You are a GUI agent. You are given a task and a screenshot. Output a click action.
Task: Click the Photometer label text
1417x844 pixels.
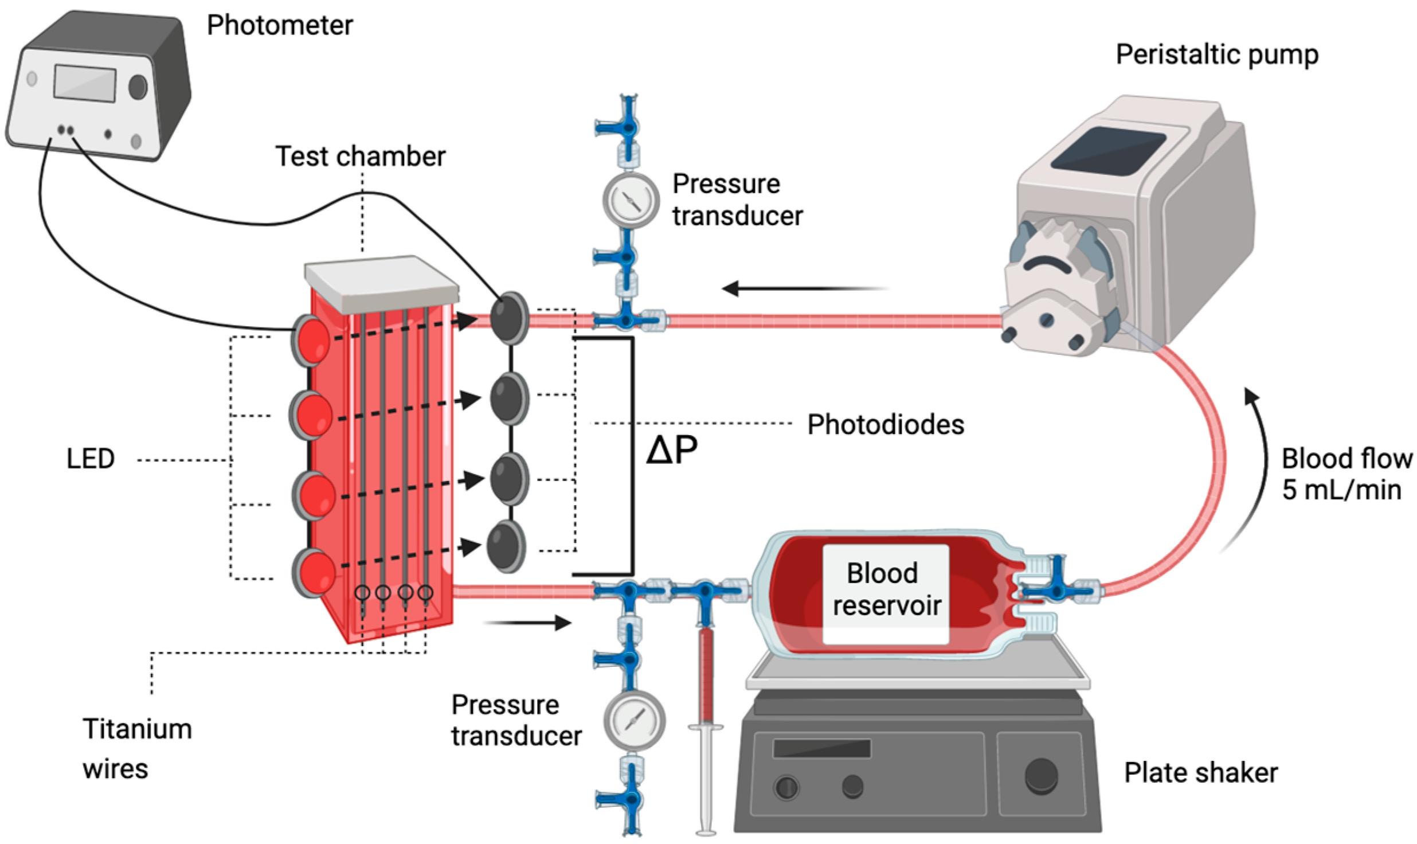(279, 25)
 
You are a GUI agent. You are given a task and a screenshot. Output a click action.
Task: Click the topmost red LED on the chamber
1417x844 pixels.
(311, 341)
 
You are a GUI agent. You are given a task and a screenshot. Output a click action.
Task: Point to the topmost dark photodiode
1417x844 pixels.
(509, 318)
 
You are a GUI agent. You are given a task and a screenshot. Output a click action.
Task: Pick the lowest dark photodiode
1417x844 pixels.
(506, 546)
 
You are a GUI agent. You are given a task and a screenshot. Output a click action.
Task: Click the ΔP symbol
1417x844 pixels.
(671, 450)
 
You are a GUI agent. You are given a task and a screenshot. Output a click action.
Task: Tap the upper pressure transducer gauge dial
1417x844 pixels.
(631, 201)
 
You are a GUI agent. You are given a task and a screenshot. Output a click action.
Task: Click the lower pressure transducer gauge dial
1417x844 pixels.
(634, 720)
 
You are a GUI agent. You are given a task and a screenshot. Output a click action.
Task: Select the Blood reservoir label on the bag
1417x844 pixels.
(886, 589)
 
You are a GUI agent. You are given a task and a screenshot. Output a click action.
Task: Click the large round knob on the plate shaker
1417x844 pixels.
(1041, 775)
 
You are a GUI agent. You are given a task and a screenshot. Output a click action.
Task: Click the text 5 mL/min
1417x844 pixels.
(1341, 490)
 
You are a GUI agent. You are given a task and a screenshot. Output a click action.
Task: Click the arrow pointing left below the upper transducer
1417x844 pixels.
(803, 288)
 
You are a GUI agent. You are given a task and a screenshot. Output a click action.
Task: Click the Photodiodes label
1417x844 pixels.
(886, 425)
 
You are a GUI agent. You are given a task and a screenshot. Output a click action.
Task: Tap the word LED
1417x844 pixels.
(90, 459)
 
